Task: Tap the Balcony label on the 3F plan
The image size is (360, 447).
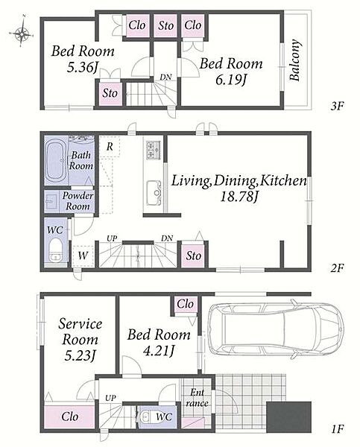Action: [295, 60]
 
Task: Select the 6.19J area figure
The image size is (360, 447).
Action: [231, 80]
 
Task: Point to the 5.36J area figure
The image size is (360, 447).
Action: [83, 67]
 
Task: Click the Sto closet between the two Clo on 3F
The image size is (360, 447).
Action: [165, 25]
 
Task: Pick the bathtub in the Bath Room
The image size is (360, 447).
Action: [57, 161]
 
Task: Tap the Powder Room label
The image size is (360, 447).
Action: [78, 200]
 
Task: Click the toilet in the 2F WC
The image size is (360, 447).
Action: [55, 250]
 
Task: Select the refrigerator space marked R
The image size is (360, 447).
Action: [110, 146]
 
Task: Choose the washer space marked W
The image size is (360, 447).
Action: [83, 256]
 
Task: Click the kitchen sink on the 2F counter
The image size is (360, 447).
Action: [154, 193]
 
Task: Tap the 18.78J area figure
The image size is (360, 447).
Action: [239, 196]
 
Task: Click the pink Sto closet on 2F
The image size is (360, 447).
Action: [193, 255]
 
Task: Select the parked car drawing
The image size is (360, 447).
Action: [276, 330]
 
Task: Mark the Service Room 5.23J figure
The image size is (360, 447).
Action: [80, 355]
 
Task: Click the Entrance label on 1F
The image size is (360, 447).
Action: [197, 398]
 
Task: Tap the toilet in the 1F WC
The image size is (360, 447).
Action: [145, 416]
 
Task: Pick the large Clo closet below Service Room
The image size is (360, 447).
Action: [69, 416]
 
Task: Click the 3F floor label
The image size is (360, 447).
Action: [338, 106]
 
